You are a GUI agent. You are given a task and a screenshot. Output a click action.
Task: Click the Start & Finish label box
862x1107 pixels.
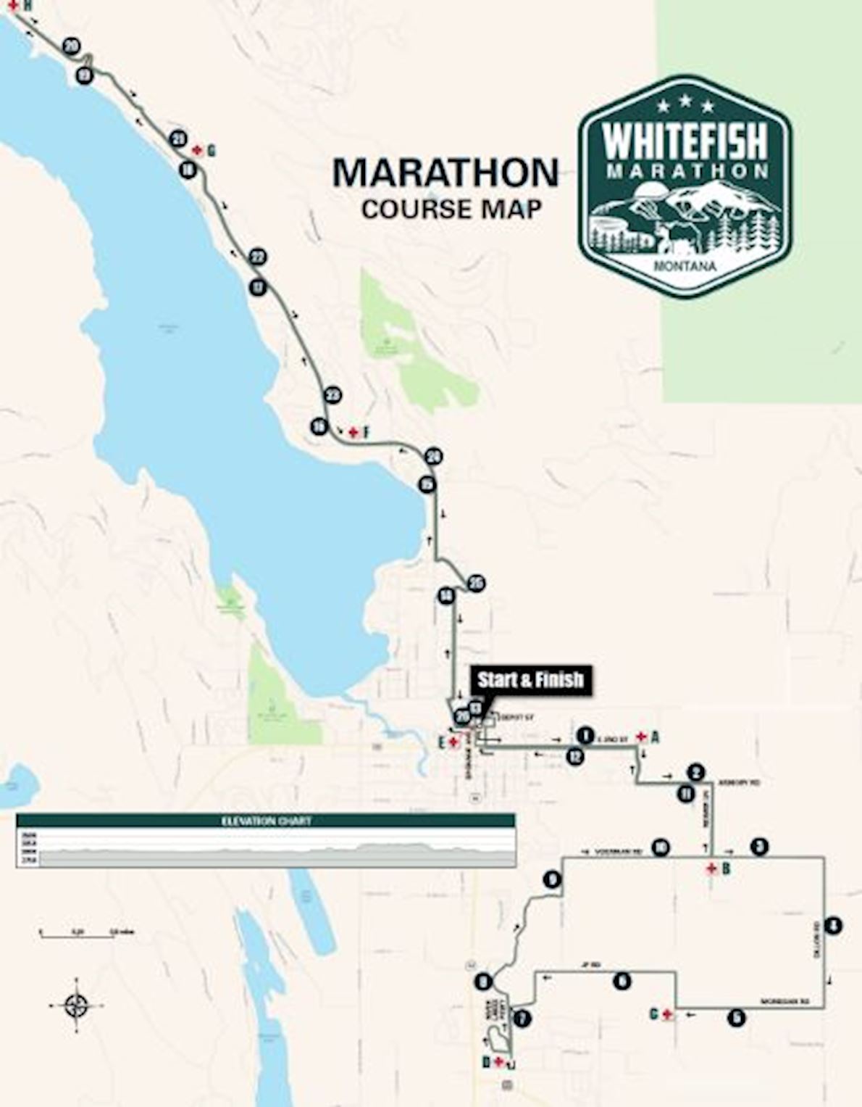[530, 680]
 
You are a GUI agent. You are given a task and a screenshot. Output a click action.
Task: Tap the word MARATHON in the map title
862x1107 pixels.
[445, 173]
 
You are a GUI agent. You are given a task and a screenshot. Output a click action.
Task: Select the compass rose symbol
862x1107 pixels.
[76, 1006]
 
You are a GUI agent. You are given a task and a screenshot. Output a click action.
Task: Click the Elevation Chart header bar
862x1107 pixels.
[266, 821]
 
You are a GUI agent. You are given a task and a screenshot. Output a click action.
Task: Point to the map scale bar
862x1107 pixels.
[77, 936]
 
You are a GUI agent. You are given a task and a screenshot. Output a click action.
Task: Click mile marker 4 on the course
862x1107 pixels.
[834, 926]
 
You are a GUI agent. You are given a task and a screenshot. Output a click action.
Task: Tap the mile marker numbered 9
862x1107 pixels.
[552, 880]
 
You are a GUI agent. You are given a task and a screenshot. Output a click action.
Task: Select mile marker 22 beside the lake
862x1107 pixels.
[257, 257]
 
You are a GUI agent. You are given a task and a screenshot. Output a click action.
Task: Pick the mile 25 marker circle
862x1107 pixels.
[476, 584]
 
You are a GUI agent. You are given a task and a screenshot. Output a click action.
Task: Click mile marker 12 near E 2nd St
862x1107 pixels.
[575, 756]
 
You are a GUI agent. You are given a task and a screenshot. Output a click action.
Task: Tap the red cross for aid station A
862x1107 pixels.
[641, 737]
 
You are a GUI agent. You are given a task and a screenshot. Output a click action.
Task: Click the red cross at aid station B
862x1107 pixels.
[712, 868]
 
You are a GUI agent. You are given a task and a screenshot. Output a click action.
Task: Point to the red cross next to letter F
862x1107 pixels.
[353, 433]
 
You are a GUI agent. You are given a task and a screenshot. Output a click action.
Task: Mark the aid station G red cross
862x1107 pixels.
[197, 150]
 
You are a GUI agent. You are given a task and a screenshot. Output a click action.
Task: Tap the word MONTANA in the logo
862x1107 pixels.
[685, 266]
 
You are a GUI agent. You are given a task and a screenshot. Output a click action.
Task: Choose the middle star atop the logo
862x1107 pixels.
[685, 104]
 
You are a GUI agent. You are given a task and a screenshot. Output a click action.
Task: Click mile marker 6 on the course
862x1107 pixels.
[622, 982]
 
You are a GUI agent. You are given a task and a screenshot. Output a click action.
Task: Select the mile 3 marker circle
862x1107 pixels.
[758, 846]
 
